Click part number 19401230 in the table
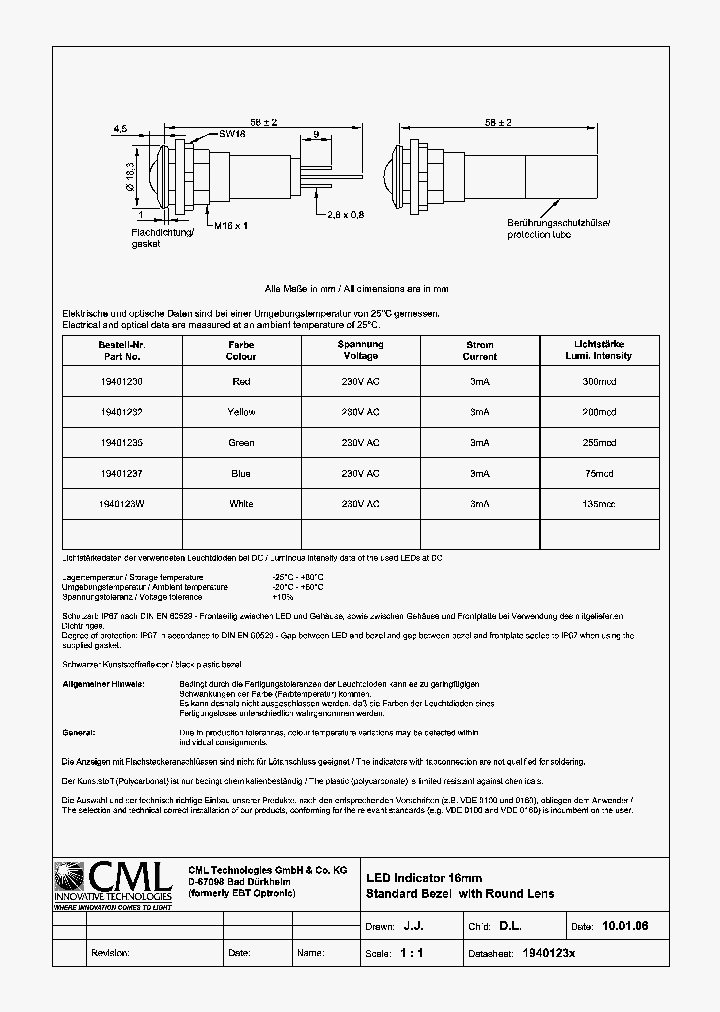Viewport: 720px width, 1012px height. tap(121, 381)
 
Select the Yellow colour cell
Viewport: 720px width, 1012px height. tap(241, 412)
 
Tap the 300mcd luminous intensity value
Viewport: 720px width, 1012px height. tap(599, 381)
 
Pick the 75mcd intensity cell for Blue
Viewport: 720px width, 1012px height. tap(599, 474)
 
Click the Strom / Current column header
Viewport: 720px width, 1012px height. tap(480, 350)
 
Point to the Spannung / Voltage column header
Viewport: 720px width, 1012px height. tap(360, 350)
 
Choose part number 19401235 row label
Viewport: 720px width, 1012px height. tap(121, 443)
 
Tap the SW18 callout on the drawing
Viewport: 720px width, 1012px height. tap(232, 134)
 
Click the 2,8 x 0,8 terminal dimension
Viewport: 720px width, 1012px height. tap(345, 214)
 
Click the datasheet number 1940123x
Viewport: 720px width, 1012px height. tap(549, 953)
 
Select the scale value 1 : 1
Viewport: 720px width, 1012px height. tap(411, 953)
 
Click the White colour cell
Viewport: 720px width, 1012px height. tap(241, 505)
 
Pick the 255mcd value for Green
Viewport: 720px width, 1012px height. tap(599, 443)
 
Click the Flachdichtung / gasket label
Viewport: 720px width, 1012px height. tap(155, 237)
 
